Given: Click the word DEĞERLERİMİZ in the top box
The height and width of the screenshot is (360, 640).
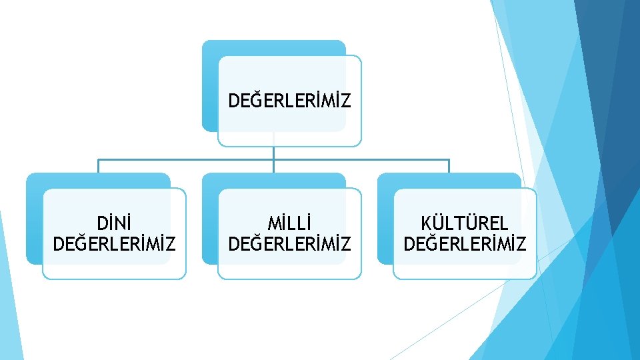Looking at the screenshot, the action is coord(289,101).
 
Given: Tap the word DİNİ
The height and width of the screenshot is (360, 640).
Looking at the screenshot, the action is coord(114,223).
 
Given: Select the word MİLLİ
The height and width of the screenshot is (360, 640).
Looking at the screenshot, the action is coord(289,223).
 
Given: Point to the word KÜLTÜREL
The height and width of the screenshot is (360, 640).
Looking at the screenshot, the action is coord(465,223).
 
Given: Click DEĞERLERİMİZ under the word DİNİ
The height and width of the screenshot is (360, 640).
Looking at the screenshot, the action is coord(114,244).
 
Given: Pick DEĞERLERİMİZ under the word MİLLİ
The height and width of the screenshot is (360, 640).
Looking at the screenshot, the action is coord(289,244).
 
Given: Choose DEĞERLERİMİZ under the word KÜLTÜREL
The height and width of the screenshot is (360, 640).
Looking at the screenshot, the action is coord(465,244).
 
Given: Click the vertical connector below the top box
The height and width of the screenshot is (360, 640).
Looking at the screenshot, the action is coord(274,153).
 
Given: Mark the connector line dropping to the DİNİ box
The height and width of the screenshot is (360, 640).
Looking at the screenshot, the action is coord(99,167).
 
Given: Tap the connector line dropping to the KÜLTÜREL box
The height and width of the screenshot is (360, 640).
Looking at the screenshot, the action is coord(449,167).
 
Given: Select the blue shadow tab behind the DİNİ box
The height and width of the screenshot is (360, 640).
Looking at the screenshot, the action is coord(33,220).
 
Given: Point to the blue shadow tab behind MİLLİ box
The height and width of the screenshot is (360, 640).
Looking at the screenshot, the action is coord(209,220).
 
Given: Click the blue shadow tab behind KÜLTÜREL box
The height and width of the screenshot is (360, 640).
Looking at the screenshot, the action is coord(385,220).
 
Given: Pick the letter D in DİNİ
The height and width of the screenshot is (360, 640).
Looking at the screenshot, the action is coord(102,223).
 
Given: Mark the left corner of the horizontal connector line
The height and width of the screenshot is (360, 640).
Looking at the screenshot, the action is coord(99,160).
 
